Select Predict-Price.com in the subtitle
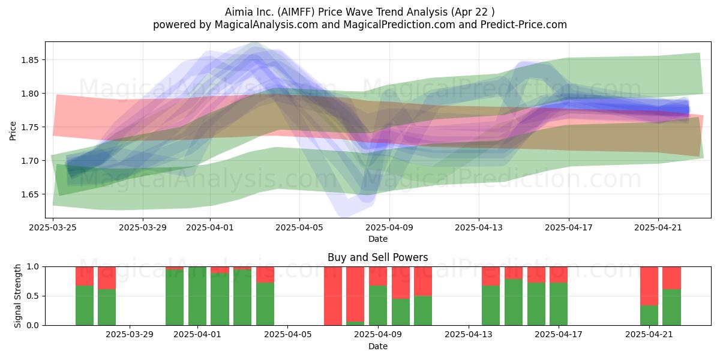pos(524,25)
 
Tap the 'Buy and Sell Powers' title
pos(377,257)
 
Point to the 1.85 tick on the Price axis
pos(30,60)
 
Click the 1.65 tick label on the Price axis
pos(30,194)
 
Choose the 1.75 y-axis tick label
pos(30,127)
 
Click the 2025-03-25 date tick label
pos(53,227)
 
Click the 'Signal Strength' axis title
pos(17,296)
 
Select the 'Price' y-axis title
pos(13,131)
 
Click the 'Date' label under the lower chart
pos(377,346)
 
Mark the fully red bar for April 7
pos(332,296)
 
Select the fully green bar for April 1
pos(197,296)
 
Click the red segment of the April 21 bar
pos(649,286)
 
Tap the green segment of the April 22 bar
pos(671,307)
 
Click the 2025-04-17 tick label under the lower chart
pos(559,335)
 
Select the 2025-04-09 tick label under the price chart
pos(389,227)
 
